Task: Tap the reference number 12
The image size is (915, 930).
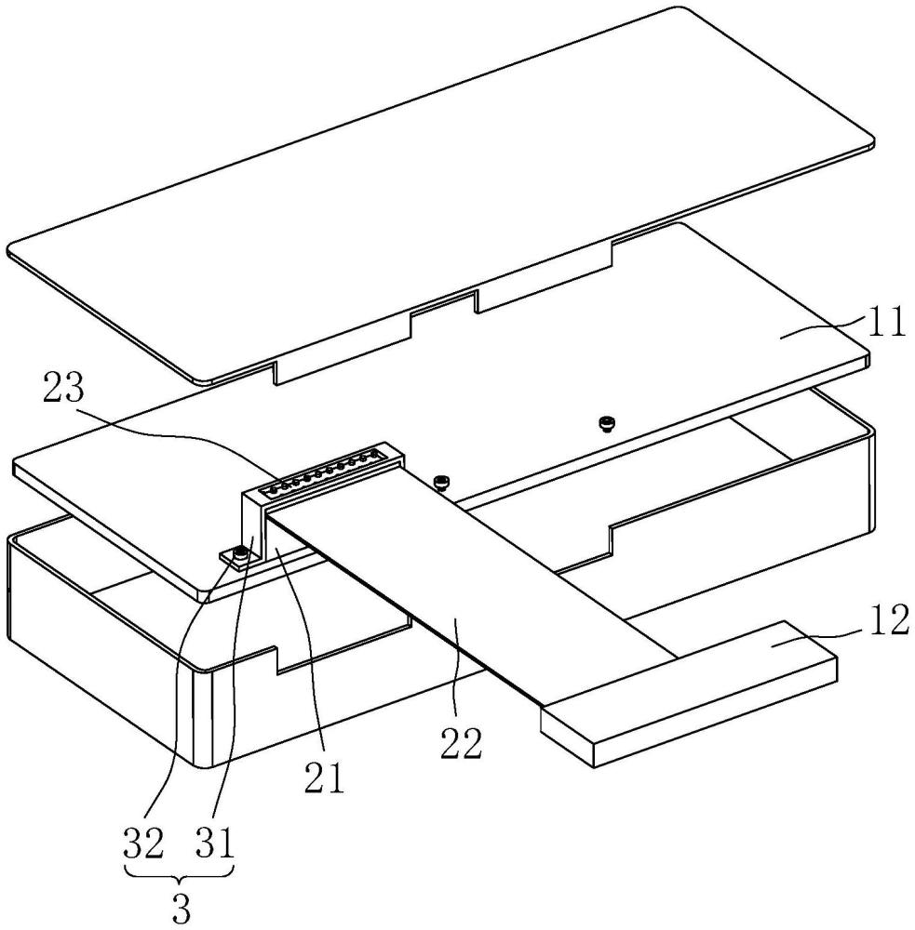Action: point(890,620)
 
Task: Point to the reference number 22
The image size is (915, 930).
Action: point(461,744)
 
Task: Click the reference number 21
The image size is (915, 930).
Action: point(325,777)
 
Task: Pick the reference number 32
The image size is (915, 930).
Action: point(143,844)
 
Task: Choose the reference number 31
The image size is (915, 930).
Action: point(214,844)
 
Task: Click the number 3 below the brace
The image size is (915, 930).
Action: point(182,908)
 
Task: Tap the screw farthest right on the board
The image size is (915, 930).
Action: point(607,423)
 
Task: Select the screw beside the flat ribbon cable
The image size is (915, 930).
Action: point(441,482)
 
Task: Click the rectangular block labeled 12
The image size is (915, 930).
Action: point(689,694)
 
